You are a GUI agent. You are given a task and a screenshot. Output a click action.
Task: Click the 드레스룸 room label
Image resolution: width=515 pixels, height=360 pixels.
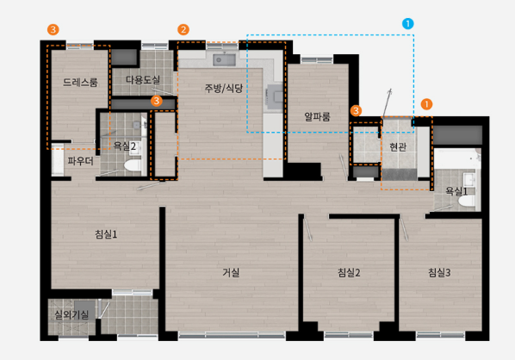point(80,82)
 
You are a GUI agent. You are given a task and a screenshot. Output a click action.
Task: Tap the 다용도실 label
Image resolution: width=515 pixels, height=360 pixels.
point(143,79)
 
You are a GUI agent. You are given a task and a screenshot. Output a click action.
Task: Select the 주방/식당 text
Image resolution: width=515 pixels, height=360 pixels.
point(224,88)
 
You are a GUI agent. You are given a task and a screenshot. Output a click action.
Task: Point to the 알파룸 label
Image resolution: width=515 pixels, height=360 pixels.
point(317,116)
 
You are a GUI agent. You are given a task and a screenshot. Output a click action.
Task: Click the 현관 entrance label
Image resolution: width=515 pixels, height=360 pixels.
point(398,146)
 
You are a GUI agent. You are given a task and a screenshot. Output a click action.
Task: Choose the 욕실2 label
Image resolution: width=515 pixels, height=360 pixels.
point(125,146)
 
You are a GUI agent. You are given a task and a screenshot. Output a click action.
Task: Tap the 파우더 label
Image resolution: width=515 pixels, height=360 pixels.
point(80,161)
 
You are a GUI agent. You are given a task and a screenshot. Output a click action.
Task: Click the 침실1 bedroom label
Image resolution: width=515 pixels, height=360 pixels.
point(106,234)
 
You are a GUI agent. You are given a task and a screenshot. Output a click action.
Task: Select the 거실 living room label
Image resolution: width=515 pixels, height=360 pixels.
point(231,272)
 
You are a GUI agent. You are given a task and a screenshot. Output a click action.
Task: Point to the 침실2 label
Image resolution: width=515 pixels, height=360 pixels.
point(349,272)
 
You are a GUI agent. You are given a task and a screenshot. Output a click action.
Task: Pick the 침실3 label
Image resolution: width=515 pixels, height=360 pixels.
point(439,272)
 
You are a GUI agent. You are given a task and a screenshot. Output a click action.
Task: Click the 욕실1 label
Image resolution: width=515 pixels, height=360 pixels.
point(456,191)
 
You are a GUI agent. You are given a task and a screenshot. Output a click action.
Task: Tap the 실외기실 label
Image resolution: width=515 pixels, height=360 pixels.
point(71,314)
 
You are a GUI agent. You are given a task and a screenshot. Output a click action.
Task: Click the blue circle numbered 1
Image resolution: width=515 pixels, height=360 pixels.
point(408,23)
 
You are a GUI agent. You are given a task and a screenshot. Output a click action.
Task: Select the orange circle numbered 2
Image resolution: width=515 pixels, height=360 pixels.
point(183,29)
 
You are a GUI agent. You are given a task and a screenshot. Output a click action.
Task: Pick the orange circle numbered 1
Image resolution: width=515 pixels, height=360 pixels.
point(426,104)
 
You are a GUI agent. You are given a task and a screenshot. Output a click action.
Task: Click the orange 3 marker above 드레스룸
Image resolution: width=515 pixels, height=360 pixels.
point(53,29)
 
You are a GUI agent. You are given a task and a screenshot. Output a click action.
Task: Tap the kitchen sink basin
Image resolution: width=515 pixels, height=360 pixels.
point(224,60)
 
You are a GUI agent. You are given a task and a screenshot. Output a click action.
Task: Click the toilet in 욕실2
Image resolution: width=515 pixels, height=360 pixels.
point(133,165)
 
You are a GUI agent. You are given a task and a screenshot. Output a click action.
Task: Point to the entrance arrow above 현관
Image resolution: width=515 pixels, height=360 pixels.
point(387,102)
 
